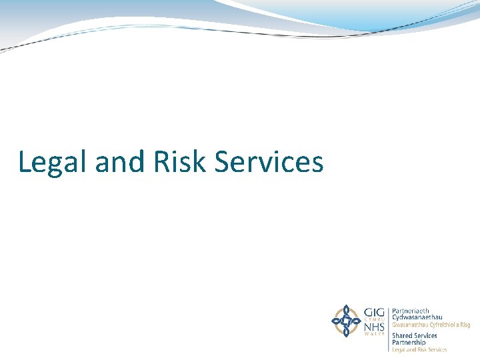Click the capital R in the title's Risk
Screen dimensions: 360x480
click(x=160, y=162)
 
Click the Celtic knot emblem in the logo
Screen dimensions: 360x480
click(x=346, y=321)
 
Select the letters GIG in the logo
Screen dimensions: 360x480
click(x=373, y=311)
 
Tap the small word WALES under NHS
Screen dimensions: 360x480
click(x=373, y=334)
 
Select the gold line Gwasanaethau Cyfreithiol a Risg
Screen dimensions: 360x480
click(x=431, y=325)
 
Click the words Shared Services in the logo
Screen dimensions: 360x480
click(x=415, y=335)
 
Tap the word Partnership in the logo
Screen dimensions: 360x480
click(x=409, y=342)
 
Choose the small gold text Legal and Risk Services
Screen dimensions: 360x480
click(x=419, y=349)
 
